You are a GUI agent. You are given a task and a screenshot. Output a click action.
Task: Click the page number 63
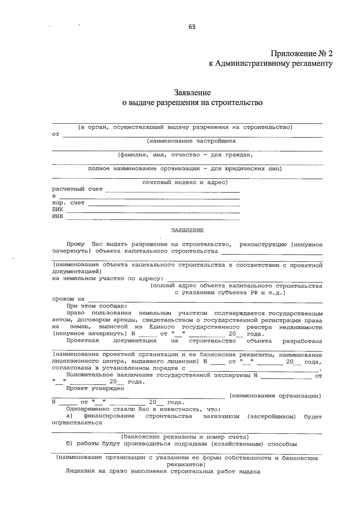(192, 27)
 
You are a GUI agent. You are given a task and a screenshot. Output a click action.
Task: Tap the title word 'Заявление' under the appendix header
(192, 92)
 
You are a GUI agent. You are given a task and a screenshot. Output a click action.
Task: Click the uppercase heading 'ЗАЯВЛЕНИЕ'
(187, 230)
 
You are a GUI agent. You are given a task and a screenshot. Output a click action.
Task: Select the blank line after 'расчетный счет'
(173, 191)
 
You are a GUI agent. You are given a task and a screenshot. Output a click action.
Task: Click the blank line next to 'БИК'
(153, 212)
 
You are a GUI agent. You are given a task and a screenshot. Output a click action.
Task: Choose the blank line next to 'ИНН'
(153, 219)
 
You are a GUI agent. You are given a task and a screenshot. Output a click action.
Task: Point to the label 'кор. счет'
(68, 203)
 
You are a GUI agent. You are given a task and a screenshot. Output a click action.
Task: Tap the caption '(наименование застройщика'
(191, 141)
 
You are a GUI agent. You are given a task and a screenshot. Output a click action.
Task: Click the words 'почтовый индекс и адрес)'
(185, 182)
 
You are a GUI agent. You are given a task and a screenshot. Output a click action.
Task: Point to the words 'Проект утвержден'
(95, 389)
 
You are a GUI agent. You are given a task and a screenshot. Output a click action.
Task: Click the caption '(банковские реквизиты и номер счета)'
(185, 437)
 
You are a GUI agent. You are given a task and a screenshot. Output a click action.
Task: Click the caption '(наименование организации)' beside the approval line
(275, 396)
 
